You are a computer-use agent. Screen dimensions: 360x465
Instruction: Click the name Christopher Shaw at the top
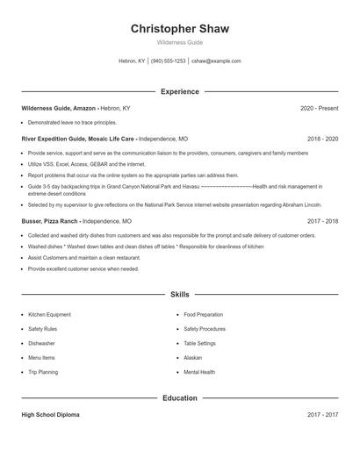(180, 29)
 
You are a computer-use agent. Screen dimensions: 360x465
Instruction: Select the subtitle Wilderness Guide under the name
(180, 42)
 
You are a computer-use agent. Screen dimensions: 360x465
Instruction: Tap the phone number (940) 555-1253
(168, 61)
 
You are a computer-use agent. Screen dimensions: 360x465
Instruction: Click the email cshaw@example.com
(216, 61)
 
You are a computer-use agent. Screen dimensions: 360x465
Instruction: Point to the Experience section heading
(180, 91)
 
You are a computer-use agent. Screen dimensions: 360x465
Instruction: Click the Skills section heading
(180, 296)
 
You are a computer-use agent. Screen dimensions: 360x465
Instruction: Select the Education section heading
(180, 397)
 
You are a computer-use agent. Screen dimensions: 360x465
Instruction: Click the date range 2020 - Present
(319, 109)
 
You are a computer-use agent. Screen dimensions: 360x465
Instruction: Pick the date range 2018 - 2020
(322, 139)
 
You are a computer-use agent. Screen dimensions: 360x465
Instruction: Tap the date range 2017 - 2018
(322, 222)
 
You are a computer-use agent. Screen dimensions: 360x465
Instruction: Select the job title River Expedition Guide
(56, 139)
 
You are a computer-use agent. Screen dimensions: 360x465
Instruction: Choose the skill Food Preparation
(204, 314)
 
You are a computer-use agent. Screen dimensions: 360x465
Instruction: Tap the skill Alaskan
(193, 358)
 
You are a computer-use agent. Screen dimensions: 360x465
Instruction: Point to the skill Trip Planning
(43, 372)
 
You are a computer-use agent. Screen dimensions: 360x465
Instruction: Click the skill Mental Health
(199, 372)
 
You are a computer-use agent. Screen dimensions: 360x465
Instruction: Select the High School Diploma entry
(50, 414)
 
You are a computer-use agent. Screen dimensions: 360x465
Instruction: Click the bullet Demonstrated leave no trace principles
(72, 123)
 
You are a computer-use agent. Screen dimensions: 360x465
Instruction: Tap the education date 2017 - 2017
(322, 414)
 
